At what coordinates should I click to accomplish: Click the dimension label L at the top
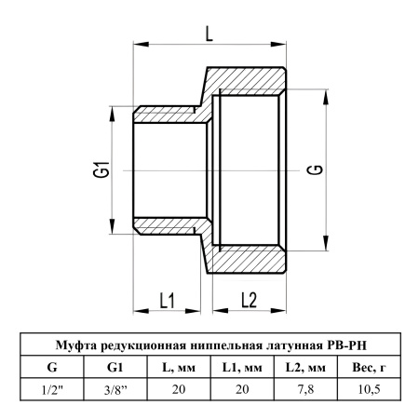click(x=209, y=34)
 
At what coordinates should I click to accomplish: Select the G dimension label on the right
click(x=317, y=169)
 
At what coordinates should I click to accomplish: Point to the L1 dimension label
click(x=167, y=301)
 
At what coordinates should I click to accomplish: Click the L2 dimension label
click(x=250, y=301)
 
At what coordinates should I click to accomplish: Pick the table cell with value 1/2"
click(x=52, y=389)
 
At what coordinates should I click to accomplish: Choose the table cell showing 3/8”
click(x=115, y=389)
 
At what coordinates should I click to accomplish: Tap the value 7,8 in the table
click(x=305, y=389)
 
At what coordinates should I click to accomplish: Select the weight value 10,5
click(x=369, y=389)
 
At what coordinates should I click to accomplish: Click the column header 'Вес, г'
click(x=369, y=368)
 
